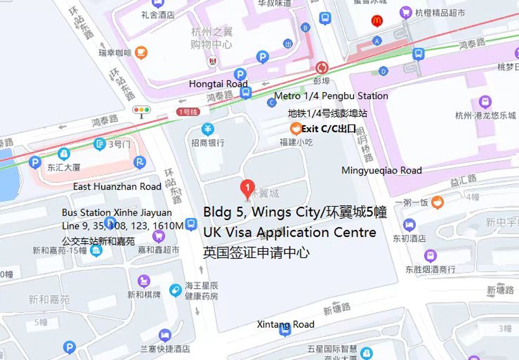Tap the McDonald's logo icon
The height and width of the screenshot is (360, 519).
[377, 21]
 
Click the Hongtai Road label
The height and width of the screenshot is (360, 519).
[218, 84]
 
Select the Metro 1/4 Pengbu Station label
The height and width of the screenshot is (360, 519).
[331, 96]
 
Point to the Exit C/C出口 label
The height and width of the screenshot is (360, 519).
[329, 129]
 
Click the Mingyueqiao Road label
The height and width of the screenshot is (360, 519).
[381, 170]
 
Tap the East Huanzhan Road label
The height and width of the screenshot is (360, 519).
[117, 186]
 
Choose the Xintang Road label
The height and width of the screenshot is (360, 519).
[285, 325]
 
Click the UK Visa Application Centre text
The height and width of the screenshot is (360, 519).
[290, 232]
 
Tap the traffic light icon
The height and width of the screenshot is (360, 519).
[141, 110]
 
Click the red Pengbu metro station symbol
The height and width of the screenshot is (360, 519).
[322, 68]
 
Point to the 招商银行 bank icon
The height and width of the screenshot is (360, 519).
[208, 129]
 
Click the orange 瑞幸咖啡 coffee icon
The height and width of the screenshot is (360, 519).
[141, 52]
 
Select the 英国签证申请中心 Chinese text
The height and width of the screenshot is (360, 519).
[256, 253]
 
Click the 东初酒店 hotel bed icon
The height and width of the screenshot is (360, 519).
[409, 225]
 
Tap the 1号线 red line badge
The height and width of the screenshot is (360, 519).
[187, 112]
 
